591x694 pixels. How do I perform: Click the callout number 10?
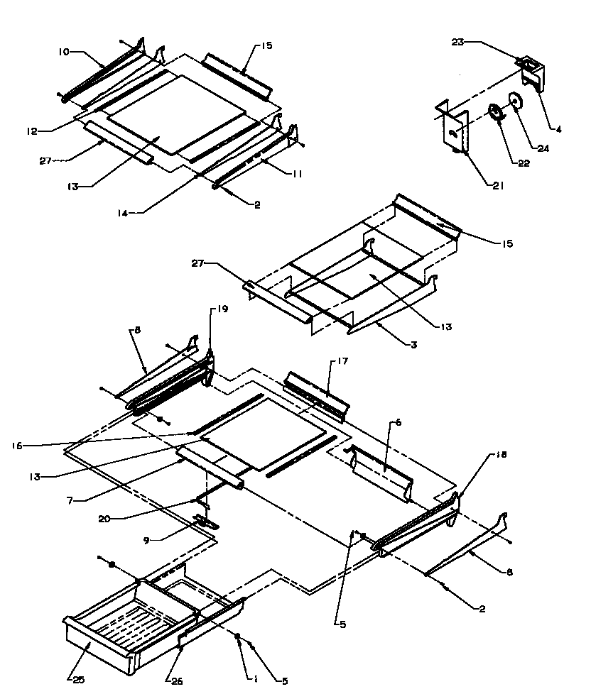[x=65, y=53]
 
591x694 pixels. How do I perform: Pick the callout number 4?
[x=559, y=129]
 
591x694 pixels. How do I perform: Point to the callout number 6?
[x=399, y=422]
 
